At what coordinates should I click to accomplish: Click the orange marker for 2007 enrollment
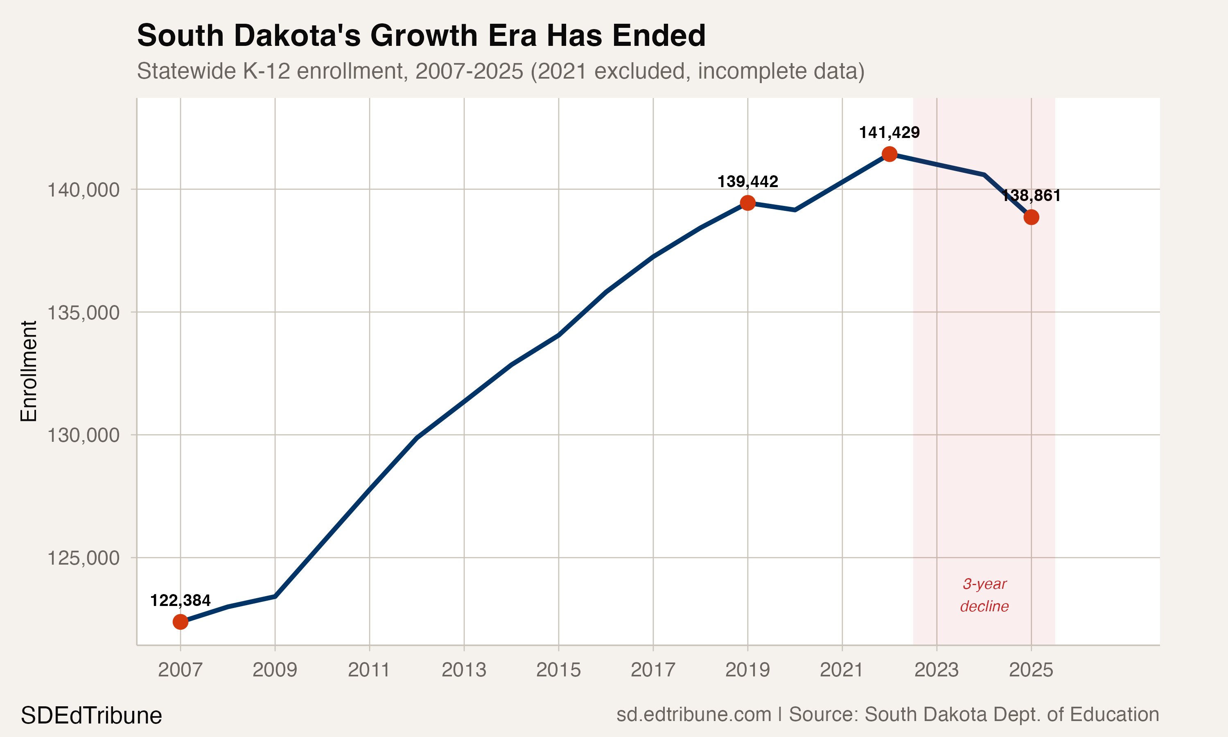(x=180, y=622)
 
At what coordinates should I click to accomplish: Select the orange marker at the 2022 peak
(x=889, y=154)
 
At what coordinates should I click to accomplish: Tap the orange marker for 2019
(x=747, y=203)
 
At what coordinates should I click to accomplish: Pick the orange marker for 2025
(x=1031, y=217)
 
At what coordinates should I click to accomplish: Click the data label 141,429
(x=889, y=133)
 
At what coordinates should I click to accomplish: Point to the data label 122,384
(x=180, y=600)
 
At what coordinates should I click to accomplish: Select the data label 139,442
(x=747, y=182)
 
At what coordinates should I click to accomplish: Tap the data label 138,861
(x=1031, y=196)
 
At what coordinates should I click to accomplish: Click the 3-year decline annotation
(x=984, y=595)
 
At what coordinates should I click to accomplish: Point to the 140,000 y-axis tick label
(x=84, y=190)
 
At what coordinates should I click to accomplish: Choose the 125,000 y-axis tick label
(x=84, y=558)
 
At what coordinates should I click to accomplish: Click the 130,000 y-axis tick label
(x=84, y=435)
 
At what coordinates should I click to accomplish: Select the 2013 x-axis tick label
(x=464, y=670)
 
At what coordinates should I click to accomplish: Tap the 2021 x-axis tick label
(x=842, y=670)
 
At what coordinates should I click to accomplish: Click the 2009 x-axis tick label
(x=275, y=670)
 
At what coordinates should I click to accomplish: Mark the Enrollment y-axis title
(x=29, y=371)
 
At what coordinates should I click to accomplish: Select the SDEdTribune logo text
(x=91, y=716)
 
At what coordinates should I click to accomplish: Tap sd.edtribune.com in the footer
(x=693, y=714)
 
